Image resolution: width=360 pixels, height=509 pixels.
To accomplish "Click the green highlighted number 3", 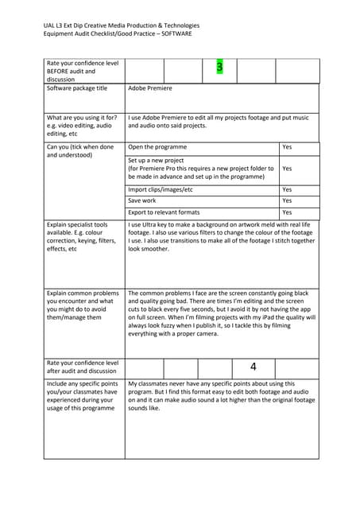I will (x=219, y=68).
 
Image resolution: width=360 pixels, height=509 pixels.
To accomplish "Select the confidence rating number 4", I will (x=253, y=367).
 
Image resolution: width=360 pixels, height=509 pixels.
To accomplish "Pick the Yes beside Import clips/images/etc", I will (x=287, y=190).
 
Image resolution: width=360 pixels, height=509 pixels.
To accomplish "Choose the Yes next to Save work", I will (x=287, y=201).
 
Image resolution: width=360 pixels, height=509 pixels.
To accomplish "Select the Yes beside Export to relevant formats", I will (x=287, y=212).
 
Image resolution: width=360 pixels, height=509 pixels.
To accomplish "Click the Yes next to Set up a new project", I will (x=287, y=169).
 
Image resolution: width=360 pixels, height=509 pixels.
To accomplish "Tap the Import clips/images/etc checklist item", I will (x=160, y=190).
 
